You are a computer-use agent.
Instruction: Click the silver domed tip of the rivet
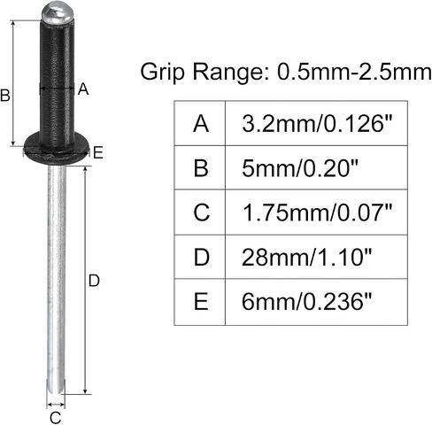(57, 14)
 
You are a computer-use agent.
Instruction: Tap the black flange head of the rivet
(56, 149)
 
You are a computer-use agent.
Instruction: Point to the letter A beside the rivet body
(83, 89)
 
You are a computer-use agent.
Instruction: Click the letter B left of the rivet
(5, 96)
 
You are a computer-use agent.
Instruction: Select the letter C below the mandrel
(56, 418)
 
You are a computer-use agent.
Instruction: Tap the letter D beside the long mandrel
(94, 281)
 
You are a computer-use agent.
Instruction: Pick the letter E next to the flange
(98, 153)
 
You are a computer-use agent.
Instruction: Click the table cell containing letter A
(200, 123)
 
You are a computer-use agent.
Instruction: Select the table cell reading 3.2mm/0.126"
(317, 123)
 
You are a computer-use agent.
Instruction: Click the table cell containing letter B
(200, 167)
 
